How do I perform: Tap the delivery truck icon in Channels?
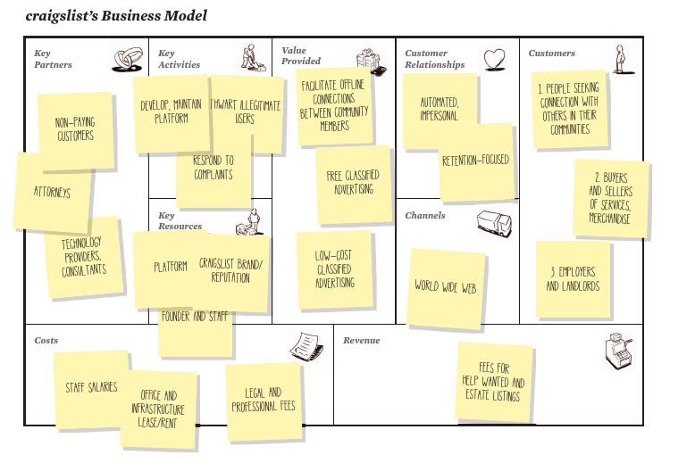coord(493,223)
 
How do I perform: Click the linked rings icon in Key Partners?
coord(127,59)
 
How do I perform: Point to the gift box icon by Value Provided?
coord(367,60)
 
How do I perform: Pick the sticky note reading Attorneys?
coord(51,192)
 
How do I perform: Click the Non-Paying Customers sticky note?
coord(76,129)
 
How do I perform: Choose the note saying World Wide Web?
coord(446,287)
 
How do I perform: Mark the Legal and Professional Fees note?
coord(263,401)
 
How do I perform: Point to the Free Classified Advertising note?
coord(352,183)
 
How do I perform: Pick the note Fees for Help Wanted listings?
coord(493,381)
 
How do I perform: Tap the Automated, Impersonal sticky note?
coord(439,109)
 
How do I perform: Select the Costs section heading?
coord(46,341)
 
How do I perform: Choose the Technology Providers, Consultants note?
coord(83,256)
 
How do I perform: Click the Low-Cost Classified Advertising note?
coord(334,269)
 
